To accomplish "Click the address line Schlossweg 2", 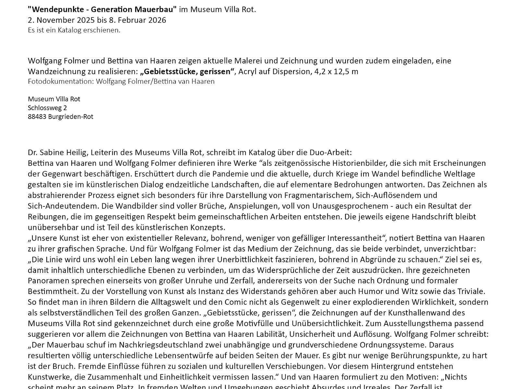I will [x=47, y=108].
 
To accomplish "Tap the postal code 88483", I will [x=37, y=116].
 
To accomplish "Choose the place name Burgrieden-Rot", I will [x=71, y=116].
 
